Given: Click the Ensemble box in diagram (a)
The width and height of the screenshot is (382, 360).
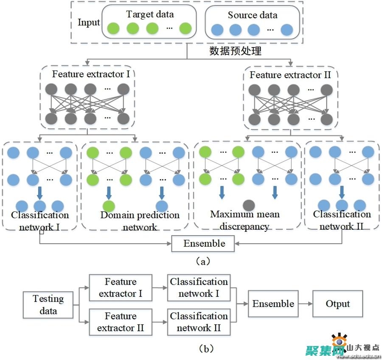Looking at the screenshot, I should click(204, 244).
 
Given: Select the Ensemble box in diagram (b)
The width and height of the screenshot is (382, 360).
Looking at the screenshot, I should click(273, 304).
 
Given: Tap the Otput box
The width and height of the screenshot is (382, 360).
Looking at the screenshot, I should click(338, 304).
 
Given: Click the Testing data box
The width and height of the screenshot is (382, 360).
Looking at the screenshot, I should click(48, 304).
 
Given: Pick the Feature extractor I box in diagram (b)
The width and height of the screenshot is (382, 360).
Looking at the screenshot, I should click(121, 288).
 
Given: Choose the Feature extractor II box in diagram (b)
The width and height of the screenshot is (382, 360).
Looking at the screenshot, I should click(121, 322).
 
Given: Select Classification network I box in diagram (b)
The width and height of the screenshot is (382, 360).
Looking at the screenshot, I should click(199, 288).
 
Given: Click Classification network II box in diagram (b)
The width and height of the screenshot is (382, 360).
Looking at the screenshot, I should click(199, 322).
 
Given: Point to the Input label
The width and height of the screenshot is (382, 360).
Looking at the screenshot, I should click(89, 22).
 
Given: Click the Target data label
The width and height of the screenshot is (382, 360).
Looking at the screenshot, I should click(150, 14).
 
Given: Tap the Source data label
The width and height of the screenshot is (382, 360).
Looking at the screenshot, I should click(253, 15).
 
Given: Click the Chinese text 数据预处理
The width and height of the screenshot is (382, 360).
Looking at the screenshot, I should click(236, 51).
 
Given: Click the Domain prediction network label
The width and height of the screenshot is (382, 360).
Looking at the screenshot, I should click(140, 221).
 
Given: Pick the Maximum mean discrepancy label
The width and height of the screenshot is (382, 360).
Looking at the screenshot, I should click(245, 220).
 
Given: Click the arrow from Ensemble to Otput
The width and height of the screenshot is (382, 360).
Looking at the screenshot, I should click(305, 304).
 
